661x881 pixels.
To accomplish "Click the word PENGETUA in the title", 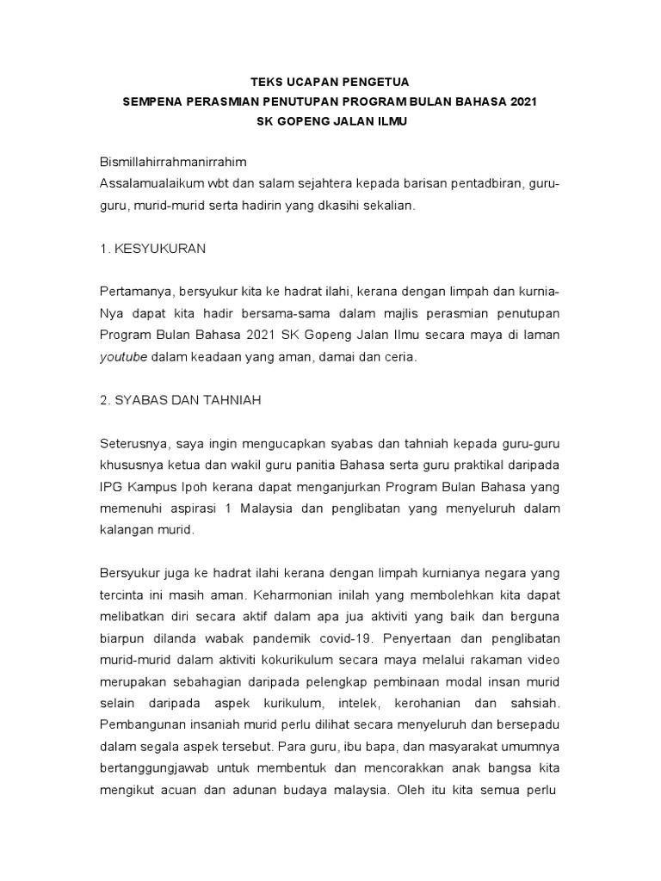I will [372, 82].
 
